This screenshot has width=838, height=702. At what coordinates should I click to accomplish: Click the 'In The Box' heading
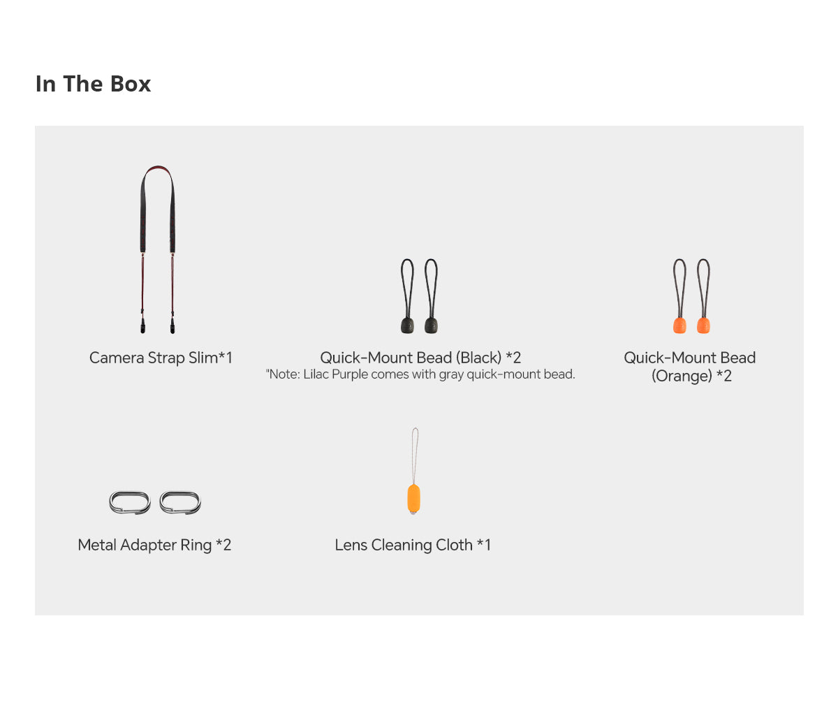pos(93,84)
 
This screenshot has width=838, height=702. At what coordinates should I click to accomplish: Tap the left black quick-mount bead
pos(407,325)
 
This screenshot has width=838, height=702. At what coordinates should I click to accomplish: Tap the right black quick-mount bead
pos(432,325)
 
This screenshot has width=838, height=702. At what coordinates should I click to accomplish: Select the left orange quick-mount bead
pos(679,325)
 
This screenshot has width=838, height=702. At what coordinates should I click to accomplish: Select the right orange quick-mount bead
pos(703,325)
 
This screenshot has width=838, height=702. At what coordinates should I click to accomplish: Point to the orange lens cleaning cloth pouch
pos(414,499)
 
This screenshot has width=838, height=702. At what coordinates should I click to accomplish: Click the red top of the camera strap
pos(157,168)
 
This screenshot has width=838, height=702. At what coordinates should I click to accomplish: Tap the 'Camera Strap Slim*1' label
pos(161,358)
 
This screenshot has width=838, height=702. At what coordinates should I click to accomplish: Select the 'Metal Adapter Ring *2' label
pos(154,545)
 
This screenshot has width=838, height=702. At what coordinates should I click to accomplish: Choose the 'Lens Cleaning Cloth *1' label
pos(413,545)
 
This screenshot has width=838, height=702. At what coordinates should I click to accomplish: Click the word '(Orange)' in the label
pos(682,376)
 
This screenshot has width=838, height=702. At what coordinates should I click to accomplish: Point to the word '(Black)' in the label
pos(479,358)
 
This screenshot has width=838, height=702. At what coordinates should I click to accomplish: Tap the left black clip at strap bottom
pos(143,326)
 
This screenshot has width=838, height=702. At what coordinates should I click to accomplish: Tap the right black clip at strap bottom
pos(172,326)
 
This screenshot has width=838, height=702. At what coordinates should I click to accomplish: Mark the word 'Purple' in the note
pos(350,374)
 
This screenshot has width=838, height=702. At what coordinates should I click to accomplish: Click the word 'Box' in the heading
pos(130,84)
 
